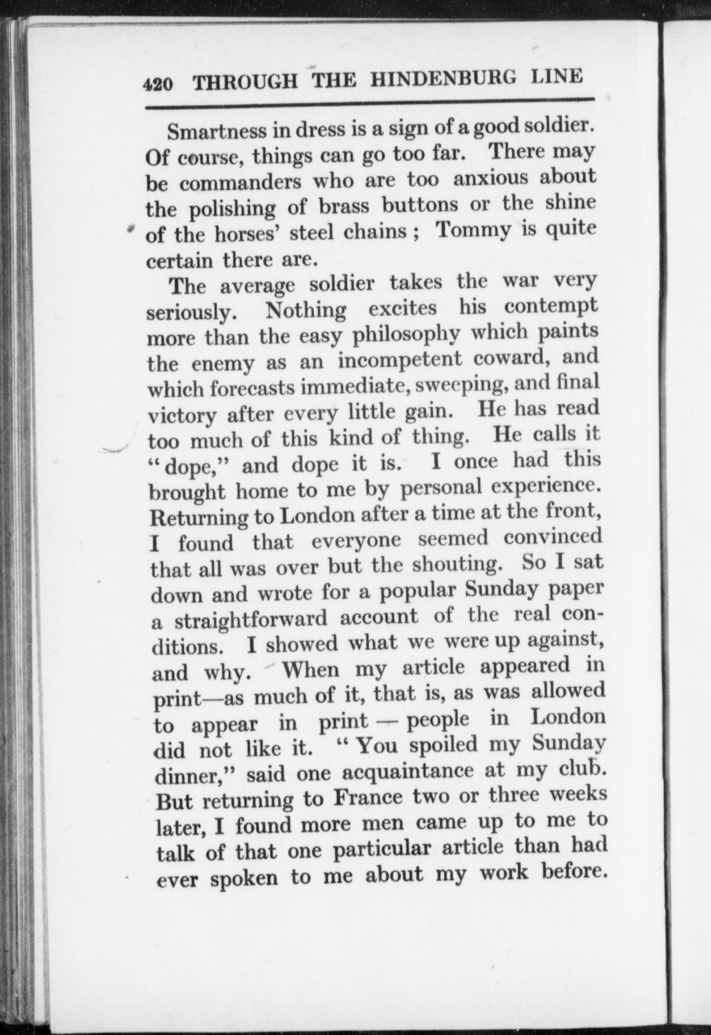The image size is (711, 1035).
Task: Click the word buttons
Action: pyautogui.click(x=420, y=205)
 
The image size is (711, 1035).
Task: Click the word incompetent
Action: pyautogui.click(x=400, y=360)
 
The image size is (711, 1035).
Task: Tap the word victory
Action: pyautogui.click(x=181, y=416)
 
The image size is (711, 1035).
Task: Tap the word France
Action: pyautogui.click(x=367, y=798)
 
